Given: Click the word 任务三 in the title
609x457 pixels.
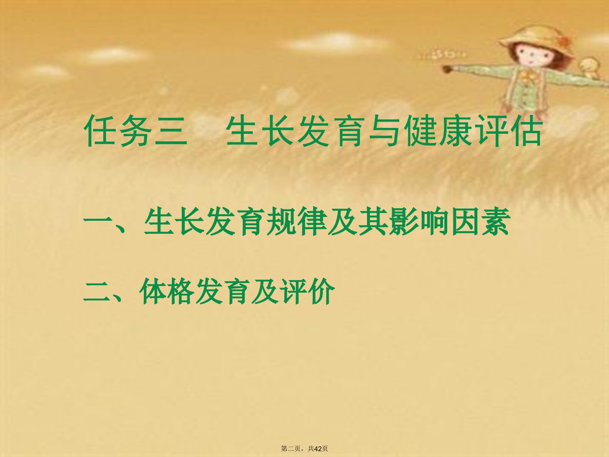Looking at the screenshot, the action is pos(135,130).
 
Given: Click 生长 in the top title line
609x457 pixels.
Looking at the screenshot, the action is pos(260,130).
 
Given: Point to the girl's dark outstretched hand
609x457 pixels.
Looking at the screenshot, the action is pos(447,69).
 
